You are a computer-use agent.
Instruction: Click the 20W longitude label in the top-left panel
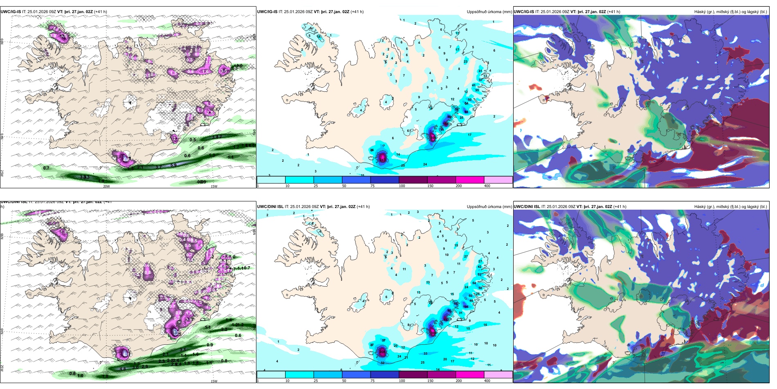(x=106, y=186)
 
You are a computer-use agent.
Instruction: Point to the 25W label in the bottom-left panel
(x=2, y=368)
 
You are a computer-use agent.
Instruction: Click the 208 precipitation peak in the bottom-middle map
(x=382, y=352)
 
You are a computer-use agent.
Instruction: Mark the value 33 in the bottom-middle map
(x=425, y=354)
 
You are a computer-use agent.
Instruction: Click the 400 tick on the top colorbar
(x=487, y=186)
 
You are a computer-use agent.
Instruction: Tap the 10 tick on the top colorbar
(x=287, y=186)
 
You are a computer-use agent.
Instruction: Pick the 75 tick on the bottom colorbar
(x=372, y=381)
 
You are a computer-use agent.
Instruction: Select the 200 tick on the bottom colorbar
(x=458, y=381)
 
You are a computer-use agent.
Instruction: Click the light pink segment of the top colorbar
(x=498, y=180)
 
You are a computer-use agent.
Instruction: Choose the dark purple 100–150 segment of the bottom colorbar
(x=413, y=375)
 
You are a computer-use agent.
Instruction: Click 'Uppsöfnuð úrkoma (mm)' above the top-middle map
(x=489, y=12)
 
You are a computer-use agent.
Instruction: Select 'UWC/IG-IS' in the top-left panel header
(x=11, y=12)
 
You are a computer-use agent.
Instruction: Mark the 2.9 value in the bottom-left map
(x=145, y=366)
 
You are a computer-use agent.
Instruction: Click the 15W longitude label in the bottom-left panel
(x=213, y=381)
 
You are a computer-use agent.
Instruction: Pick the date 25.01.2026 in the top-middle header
(x=294, y=12)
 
